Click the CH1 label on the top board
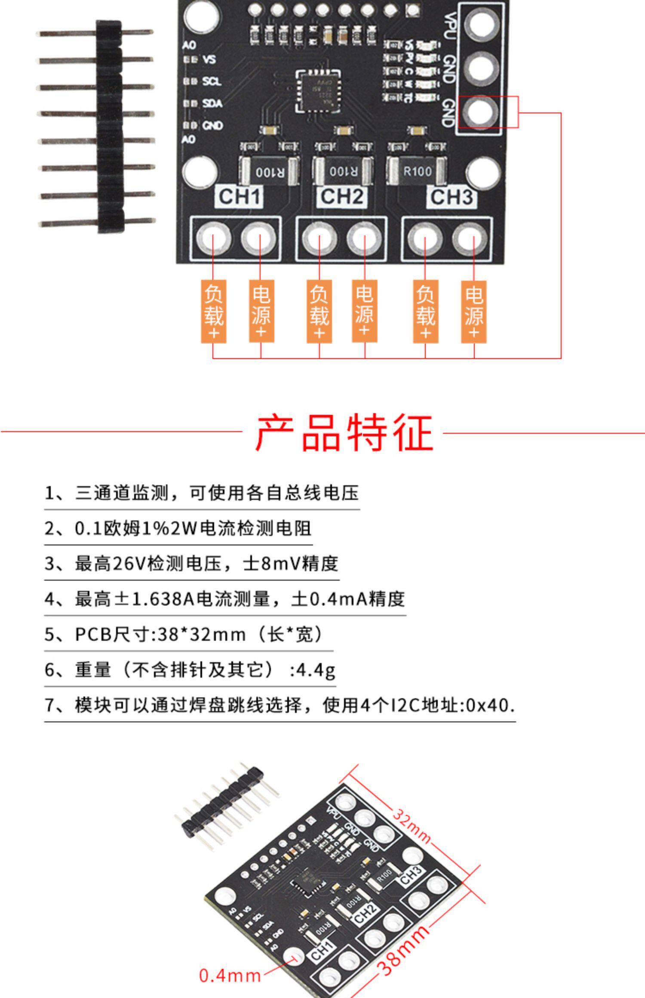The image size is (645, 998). click(x=239, y=197)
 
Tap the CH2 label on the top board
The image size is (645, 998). click(x=342, y=196)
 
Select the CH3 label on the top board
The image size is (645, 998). click(x=451, y=197)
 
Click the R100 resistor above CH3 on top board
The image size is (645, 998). click(x=417, y=171)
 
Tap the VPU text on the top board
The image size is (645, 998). click(x=450, y=26)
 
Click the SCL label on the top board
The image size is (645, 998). click(x=212, y=81)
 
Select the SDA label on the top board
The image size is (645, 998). click(x=212, y=103)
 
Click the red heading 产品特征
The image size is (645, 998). click(x=344, y=433)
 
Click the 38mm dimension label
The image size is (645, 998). click(x=404, y=950)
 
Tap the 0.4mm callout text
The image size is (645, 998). click(x=230, y=975)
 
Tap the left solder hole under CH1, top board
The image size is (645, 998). click(x=213, y=239)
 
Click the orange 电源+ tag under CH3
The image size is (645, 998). click(x=473, y=312)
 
